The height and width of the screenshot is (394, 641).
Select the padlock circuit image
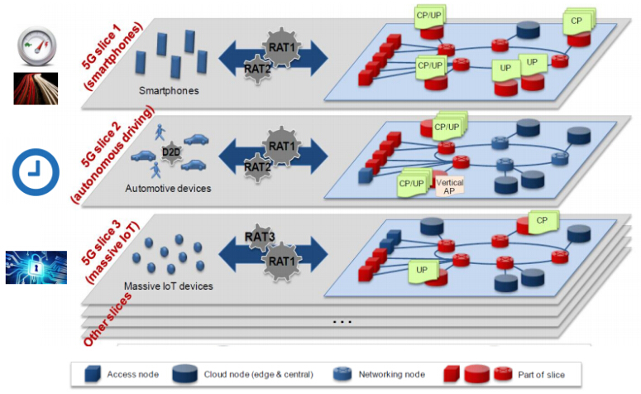(35, 267)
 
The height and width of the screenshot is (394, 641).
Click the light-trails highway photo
(35, 86)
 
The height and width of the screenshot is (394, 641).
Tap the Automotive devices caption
(168, 188)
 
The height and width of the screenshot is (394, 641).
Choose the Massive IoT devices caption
(168, 286)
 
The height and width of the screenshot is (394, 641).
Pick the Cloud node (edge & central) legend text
(257, 374)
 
